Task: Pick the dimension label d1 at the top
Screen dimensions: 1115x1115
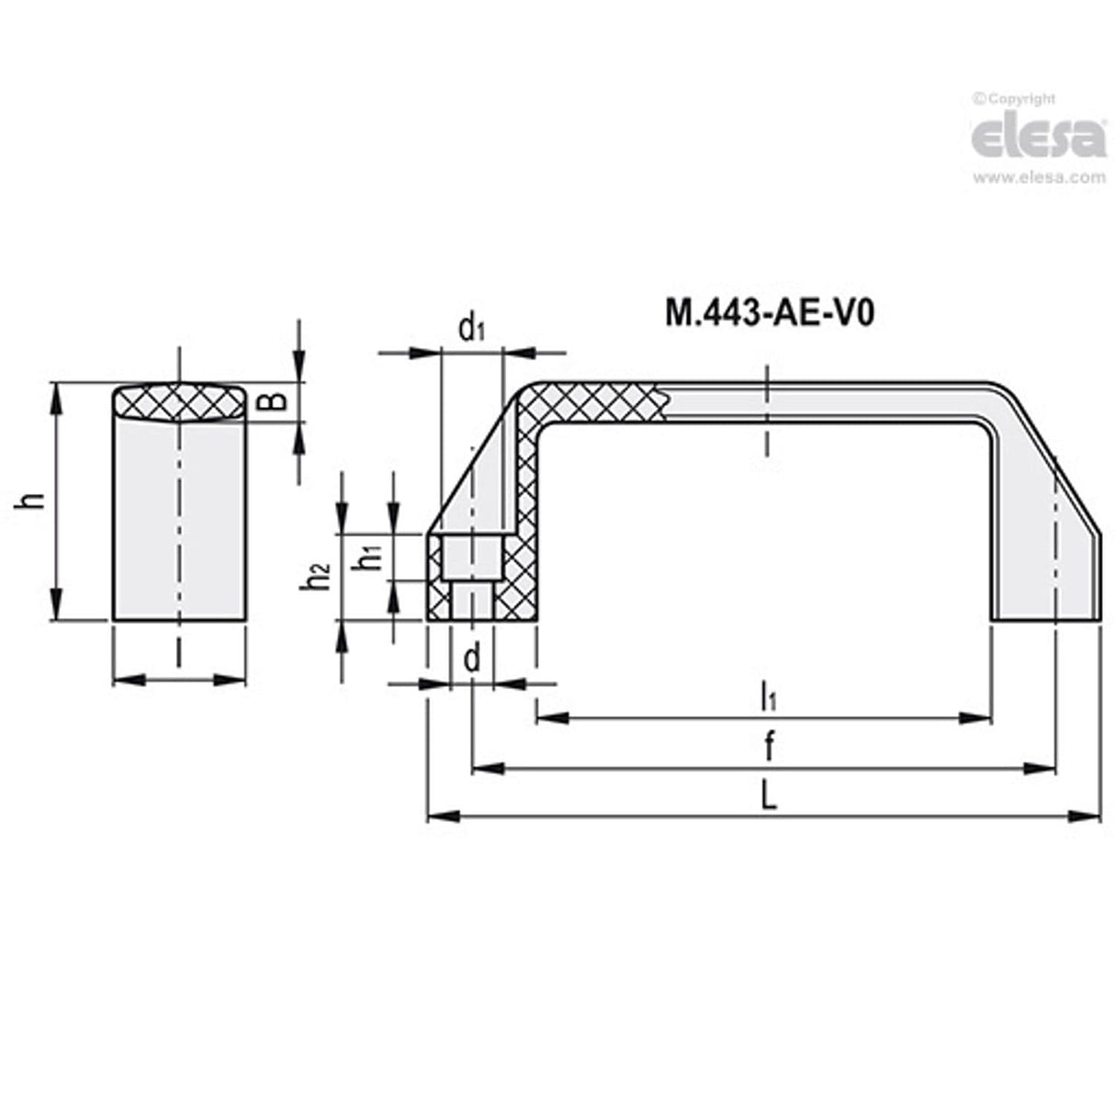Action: (x=472, y=327)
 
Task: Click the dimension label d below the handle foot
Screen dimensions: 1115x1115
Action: (x=472, y=659)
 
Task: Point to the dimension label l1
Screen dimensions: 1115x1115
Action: (x=768, y=696)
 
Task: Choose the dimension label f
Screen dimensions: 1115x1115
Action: (x=768, y=747)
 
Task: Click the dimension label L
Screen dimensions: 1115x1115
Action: (x=768, y=795)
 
